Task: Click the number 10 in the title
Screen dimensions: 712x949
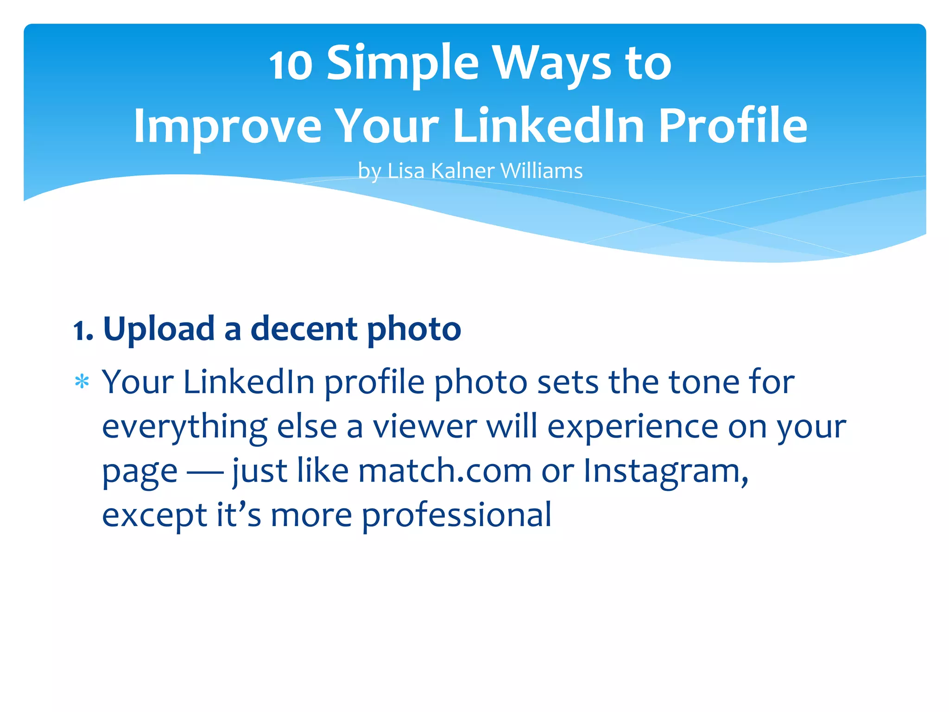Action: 291,65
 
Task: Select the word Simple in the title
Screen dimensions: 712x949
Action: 402,64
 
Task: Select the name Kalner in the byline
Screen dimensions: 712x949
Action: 463,171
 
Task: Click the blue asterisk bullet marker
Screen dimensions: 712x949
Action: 82,382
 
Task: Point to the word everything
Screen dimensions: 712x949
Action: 184,427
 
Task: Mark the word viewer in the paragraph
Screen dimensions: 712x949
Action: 425,426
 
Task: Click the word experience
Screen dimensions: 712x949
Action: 633,427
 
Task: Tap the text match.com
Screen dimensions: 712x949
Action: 445,471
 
